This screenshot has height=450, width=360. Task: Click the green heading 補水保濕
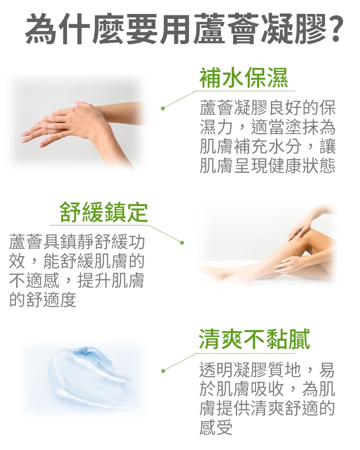(244, 78)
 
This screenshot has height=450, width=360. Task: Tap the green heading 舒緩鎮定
(104, 212)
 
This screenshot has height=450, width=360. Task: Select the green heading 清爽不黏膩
(255, 339)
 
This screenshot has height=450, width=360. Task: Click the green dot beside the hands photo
(163, 108)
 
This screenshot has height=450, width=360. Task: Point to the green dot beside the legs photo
(182, 243)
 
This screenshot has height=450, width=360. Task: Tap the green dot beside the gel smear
(163, 371)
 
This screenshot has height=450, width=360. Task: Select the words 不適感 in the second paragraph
(34, 280)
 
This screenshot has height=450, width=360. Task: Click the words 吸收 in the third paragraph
(268, 389)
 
